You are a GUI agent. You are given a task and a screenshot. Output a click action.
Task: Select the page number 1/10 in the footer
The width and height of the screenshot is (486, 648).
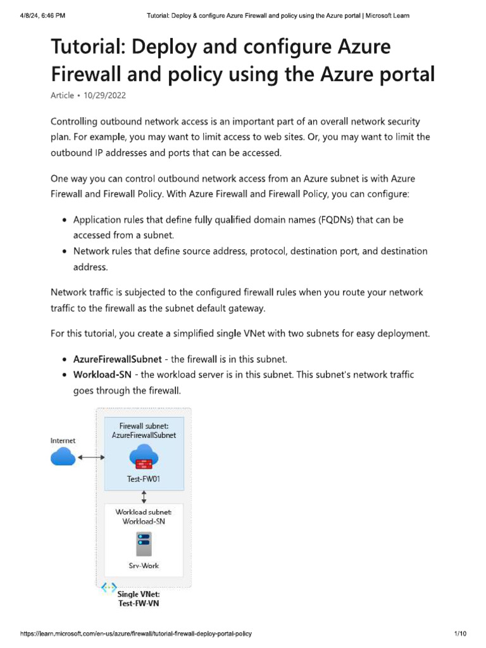click(x=460, y=633)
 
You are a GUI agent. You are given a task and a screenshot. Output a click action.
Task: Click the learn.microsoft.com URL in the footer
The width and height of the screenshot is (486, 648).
click(x=140, y=633)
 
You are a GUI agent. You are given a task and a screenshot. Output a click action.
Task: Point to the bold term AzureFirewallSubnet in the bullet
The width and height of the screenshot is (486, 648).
click(x=118, y=359)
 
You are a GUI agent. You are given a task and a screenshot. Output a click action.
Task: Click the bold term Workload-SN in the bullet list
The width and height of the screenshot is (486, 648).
click(x=102, y=375)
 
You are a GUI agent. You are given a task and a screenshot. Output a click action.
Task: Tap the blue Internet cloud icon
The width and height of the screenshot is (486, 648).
click(x=63, y=456)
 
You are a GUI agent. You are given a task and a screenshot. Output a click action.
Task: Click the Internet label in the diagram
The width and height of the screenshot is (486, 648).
click(x=63, y=440)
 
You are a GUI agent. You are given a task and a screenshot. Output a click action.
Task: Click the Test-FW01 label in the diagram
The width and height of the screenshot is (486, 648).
click(x=144, y=479)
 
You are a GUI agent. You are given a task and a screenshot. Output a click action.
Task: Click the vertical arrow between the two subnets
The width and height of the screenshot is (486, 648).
click(x=144, y=497)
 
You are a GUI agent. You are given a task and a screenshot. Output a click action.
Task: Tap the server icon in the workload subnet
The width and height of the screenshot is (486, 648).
click(x=144, y=542)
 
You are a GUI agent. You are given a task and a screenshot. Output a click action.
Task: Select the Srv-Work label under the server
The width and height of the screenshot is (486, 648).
click(x=144, y=565)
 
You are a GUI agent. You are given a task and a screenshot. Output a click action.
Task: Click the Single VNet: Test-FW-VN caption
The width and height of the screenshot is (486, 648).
click(x=139, y=599)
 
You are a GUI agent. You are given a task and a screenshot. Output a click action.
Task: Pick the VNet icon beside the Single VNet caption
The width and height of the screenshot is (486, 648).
click(x=108, y=588)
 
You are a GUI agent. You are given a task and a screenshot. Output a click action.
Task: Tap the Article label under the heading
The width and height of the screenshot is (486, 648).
click(x=61, y=95)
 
